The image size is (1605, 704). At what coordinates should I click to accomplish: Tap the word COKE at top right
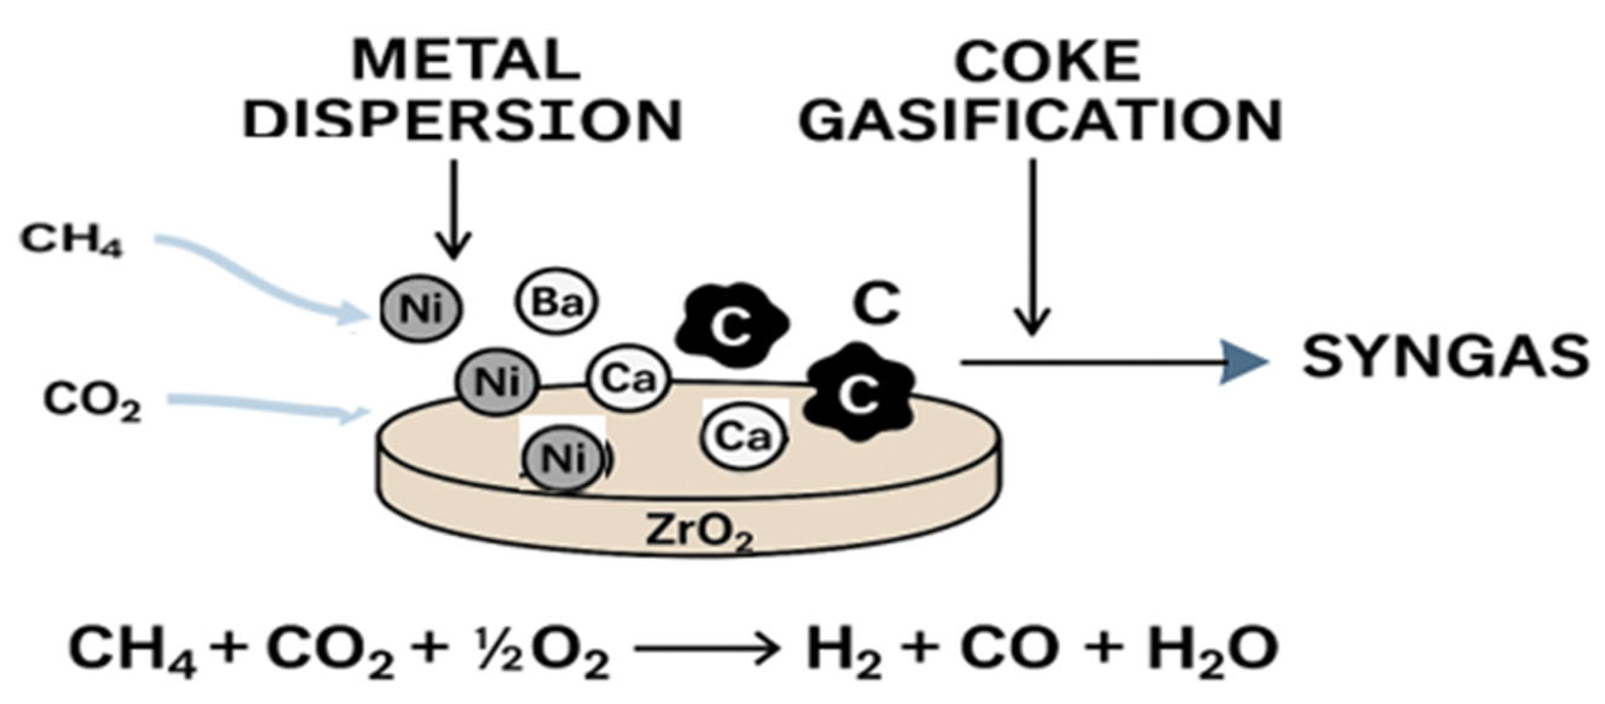pyautogui.click(x=1047, y=62)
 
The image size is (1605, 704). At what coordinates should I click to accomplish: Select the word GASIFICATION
pyautogui.click(x=1040, y=121)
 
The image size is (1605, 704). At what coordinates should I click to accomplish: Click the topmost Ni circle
pyautogui.click(x=420, y=309)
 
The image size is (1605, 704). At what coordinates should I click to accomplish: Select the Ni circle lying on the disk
pyautogui.click(x=562, y=458)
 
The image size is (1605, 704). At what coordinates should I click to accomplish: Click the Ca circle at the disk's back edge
pyautogui.click(x=629, y=379)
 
